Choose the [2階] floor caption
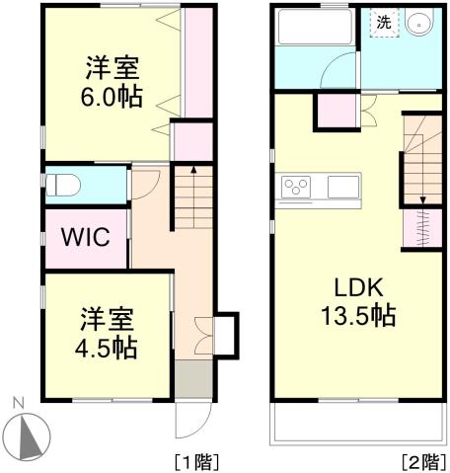(x=420, y=460)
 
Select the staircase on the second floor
(x=421, y=158)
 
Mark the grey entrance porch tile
(x=194, y=379)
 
